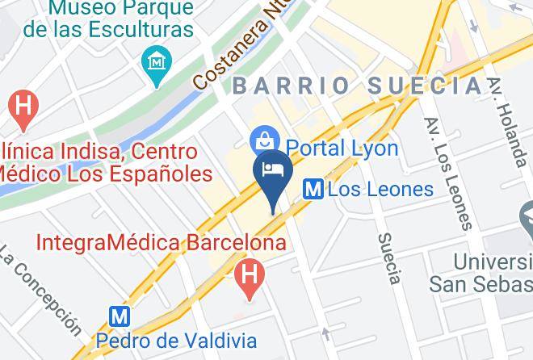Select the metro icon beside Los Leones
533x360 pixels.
coord(313,190)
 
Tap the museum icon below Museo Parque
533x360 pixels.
coord(153,60)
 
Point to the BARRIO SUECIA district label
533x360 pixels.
coord(359,86)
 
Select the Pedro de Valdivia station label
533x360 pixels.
coord(176,341)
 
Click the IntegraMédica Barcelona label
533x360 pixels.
coord(162,241)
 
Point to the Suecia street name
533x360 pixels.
coord(388,258)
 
